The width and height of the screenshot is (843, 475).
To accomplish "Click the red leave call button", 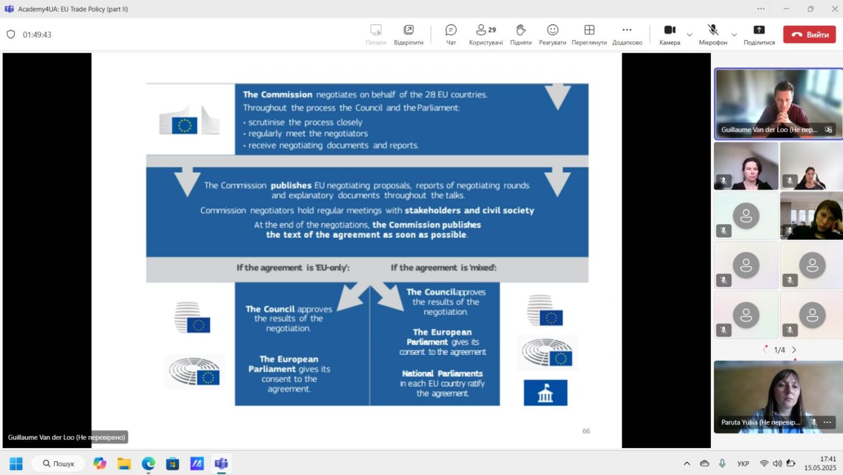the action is [x=809, y=35].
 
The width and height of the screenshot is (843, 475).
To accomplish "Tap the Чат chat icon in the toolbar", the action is [x=451, y=30].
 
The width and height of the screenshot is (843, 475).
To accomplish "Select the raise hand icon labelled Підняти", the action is [x=521, y=30].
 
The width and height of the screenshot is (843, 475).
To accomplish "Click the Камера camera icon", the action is [x=670, y=30].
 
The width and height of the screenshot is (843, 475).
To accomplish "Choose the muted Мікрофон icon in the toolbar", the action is [x=713, y=30].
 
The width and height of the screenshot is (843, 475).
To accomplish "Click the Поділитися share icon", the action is [x=759, y=30].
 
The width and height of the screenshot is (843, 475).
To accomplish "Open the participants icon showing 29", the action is [x=486, y=30].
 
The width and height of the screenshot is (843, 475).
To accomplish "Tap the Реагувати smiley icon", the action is [x=553, y=30].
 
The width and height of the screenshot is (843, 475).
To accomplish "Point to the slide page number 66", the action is [x=586, y=431].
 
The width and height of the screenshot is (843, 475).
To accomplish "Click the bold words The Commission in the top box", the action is [x=277, y=94].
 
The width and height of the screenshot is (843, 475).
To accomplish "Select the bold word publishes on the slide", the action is [x=291, y=185].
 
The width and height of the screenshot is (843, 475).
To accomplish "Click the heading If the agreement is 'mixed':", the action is [x=443, y=268].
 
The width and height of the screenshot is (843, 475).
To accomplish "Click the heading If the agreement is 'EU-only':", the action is [x=293, y=268].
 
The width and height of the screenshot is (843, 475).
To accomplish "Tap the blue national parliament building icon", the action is [x=546, y=393].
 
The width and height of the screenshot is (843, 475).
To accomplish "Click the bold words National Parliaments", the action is [x=442, y=374].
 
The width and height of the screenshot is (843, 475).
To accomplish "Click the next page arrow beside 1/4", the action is [x=794, y=350].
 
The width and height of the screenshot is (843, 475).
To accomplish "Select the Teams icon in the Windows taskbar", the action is [x=221, y=463].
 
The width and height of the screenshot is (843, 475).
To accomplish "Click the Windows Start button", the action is [x=16, y=463].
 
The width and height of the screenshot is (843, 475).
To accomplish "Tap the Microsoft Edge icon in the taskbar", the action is [x=148, y=463].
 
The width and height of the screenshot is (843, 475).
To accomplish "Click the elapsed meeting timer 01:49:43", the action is [x=37, y=35].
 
